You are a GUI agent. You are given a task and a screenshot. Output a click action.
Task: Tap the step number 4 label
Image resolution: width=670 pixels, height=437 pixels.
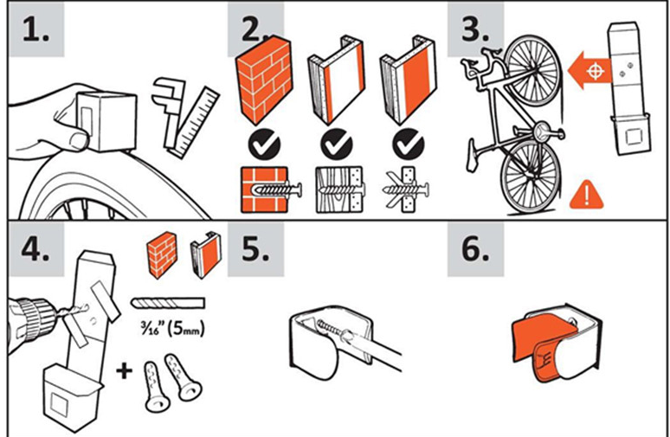35,249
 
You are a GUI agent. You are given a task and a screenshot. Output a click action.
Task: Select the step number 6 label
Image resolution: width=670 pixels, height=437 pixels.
475,249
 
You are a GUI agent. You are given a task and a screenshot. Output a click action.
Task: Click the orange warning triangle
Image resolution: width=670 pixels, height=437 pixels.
587,195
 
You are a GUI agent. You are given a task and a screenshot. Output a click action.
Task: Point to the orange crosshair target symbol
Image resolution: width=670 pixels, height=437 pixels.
596,70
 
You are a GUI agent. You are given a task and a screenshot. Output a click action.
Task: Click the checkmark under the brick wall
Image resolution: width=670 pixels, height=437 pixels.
264,145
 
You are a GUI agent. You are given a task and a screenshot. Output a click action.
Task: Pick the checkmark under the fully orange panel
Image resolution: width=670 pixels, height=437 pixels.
409,145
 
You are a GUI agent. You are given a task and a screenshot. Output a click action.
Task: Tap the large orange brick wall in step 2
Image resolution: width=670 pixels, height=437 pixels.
264,80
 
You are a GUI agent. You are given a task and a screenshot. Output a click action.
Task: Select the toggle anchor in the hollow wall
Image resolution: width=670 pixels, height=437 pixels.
406,190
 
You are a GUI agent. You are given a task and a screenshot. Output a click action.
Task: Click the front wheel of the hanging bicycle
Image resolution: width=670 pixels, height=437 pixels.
533,70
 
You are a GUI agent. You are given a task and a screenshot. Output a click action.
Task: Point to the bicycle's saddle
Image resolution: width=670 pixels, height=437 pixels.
473,156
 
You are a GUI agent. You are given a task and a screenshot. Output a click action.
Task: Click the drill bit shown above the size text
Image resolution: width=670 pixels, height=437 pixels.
168,303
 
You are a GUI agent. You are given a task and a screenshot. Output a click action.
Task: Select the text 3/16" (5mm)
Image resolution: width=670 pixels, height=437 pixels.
172,329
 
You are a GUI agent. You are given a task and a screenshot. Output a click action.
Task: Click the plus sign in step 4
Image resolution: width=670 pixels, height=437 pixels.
124,370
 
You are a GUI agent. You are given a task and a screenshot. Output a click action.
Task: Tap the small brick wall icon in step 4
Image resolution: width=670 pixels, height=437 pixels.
162,255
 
